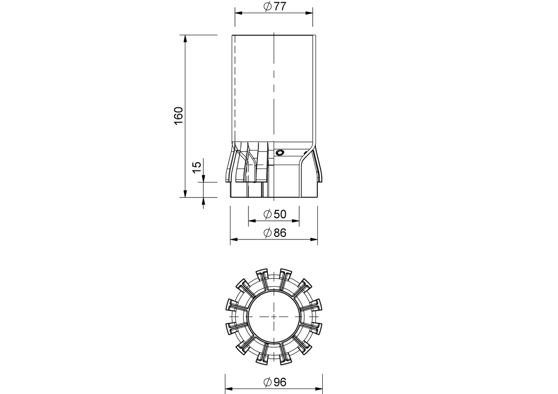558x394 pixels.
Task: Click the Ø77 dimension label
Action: click(x=275, y=6)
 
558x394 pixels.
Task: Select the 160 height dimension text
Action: click(x=178, y=116)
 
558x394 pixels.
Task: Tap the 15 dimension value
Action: click(x=197, y=167)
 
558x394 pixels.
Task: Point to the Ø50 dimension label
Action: click(x=275, y=214)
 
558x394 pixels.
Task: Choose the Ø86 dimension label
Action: click(x=275, y=233)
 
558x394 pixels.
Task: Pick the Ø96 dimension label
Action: click(x=275, y=382)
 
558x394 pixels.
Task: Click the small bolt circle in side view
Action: click(x=280, y=152)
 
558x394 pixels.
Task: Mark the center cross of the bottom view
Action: click(x=274, y=316)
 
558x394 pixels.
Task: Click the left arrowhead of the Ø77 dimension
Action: click(x=238, y=13)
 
